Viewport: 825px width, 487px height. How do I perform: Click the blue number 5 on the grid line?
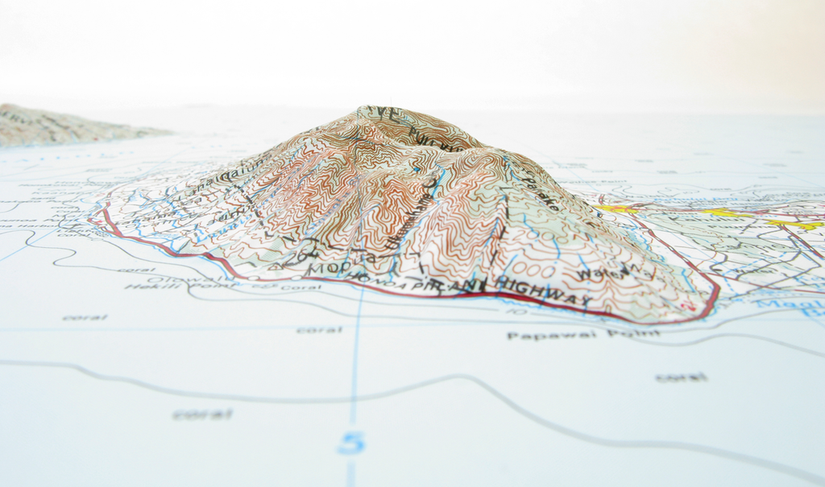[x=351, y=442]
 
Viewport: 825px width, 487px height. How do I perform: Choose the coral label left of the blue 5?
[x=202, y=414]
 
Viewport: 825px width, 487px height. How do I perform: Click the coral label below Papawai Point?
[x=681, y=377]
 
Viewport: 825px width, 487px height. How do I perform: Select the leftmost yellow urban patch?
[x=616, y=208]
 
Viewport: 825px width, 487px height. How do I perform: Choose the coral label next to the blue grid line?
[x=320, y=329]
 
